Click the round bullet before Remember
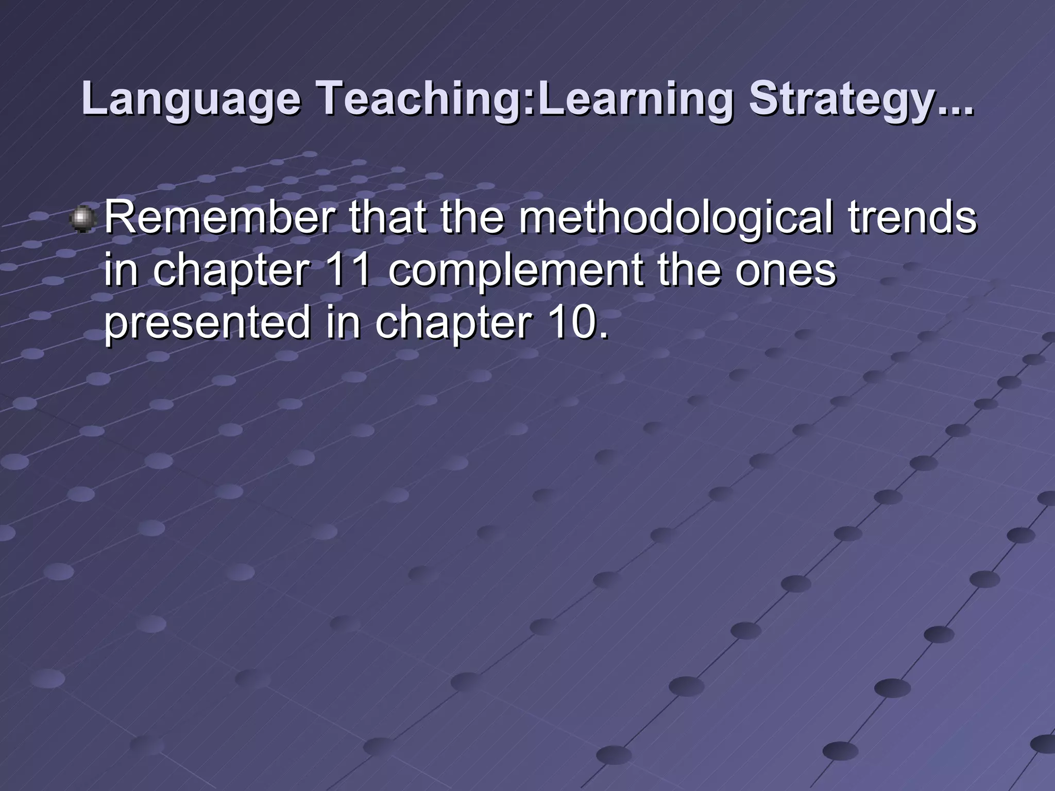[82, 219]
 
